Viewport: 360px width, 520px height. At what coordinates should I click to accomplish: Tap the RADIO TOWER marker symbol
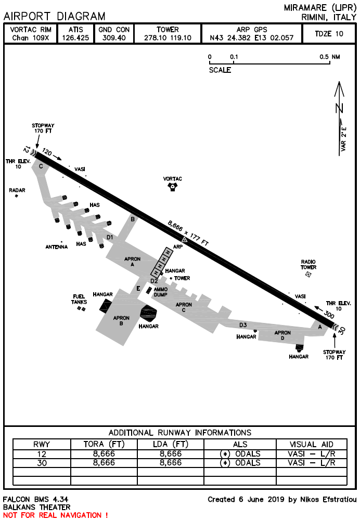(x=308, y=274)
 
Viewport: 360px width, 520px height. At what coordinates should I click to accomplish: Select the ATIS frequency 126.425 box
(x=75, y=34)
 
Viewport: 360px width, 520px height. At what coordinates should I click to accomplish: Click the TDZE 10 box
(x=329, y=34)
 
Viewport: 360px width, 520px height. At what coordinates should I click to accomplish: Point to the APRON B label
(x=121, y=320)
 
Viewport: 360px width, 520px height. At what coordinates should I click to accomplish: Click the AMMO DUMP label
(x=161, y=292)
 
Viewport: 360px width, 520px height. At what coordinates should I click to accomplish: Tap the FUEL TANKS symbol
(x=81, y=309)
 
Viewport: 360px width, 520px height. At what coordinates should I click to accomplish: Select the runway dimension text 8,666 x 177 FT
(x=188, y=232)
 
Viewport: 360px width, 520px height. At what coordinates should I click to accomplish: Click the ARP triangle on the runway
(x=185, y=239)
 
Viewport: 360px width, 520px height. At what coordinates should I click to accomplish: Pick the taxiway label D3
(x=243, y=325)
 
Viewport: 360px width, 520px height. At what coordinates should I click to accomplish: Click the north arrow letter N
(x=340, y=108)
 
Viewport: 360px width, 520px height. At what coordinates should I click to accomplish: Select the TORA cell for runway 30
(x=104, y=462)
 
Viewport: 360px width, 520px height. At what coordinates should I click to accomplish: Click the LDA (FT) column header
(x=170, y=444)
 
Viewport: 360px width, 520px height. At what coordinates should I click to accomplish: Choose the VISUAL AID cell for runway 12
(x=312, y=453)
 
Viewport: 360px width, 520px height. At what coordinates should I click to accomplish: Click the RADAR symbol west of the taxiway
(x=17, y=196)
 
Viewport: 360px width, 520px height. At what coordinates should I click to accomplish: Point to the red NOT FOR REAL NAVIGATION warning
(x=56, y=515)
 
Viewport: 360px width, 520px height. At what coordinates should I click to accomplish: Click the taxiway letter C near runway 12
(x=41, y=166)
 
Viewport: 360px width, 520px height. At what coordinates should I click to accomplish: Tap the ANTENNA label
(x=56, y=247)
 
